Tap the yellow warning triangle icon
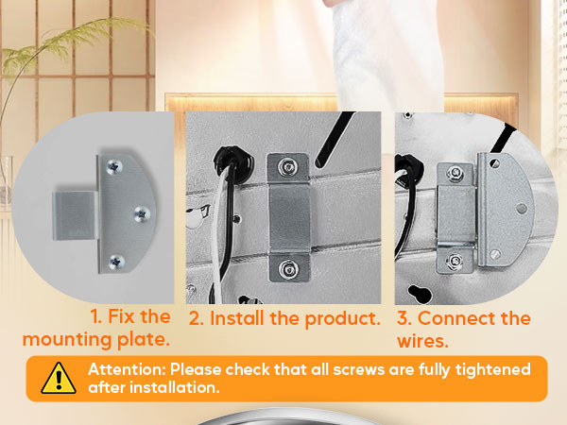tap(59, 378)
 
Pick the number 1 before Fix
tap(95, 317)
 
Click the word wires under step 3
tap(422, 340)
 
